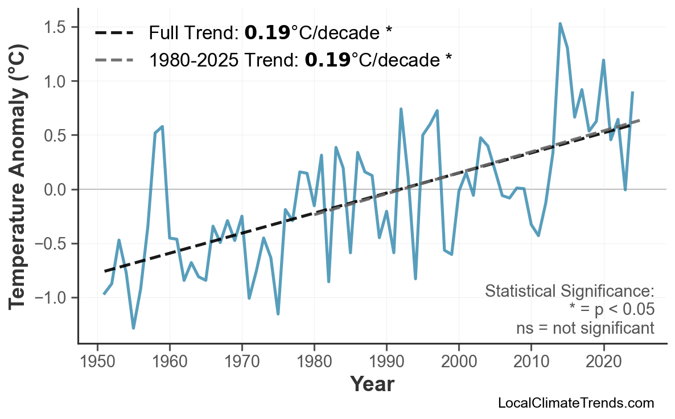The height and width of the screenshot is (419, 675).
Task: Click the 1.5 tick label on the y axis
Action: (57, 27)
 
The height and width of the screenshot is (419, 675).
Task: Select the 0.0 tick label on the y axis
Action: (57, 189)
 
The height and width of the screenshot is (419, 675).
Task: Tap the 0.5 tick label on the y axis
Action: (57, 135)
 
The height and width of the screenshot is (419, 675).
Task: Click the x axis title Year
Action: (372, 384)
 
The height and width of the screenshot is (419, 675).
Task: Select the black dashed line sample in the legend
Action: (114, 33)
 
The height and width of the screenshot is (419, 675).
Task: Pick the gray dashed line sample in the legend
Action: (114, 60)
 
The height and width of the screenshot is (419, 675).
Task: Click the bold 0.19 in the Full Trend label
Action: (267, 33)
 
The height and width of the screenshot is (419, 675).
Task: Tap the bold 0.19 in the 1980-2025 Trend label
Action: (327, 60)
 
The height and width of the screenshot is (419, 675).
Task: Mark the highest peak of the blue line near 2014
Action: (560, 24)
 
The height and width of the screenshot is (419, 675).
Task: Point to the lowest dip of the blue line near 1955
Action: (134, 328)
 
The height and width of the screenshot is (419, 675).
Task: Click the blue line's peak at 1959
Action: (163, 126)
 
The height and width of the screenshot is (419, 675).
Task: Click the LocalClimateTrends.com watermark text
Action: (575, 403)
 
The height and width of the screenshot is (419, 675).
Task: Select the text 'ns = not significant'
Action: (585, 328)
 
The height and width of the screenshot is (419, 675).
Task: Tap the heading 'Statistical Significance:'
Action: (569, 291)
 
